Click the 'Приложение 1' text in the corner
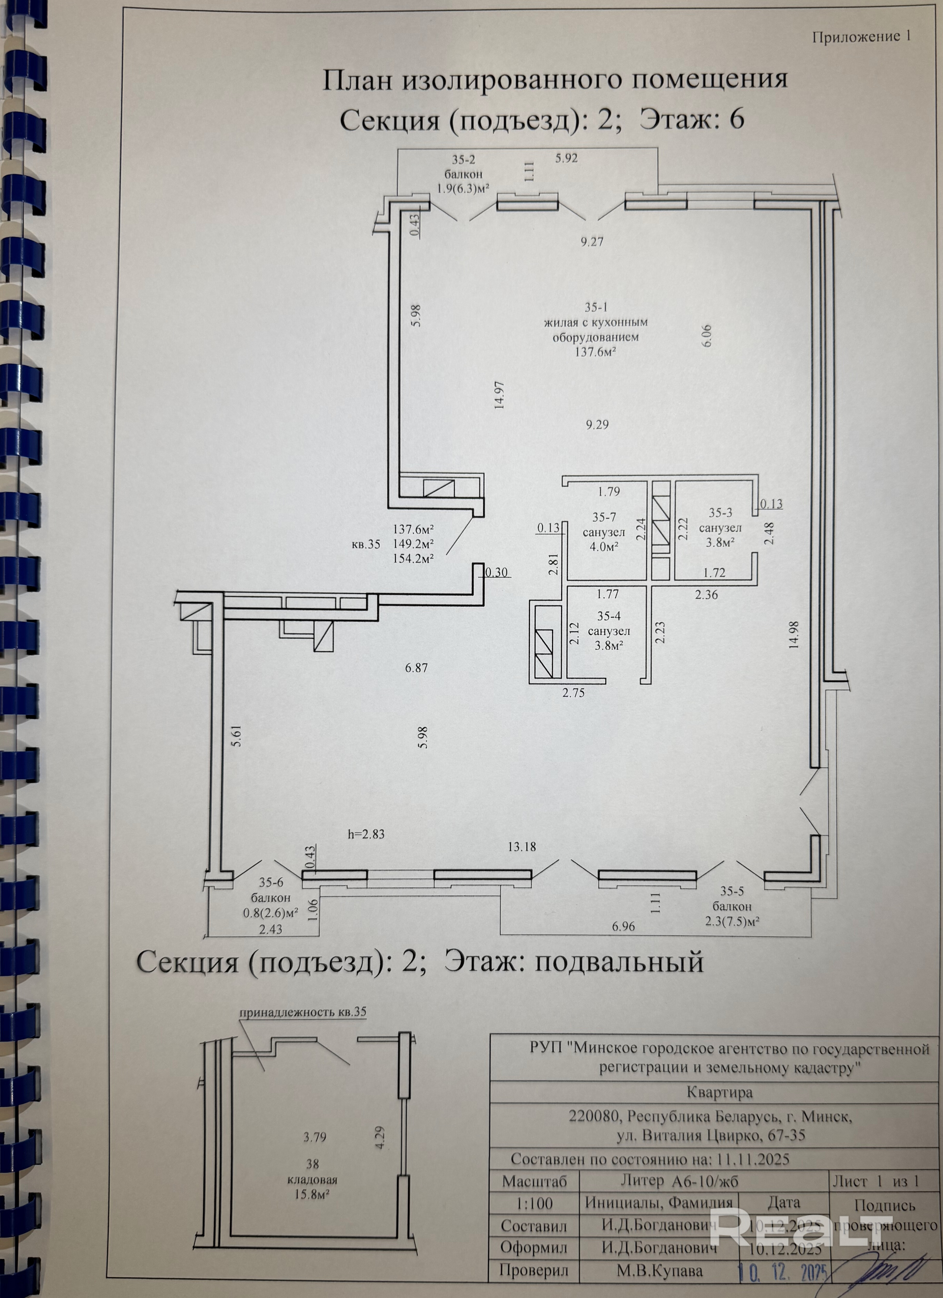861,37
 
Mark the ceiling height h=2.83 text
366,834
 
